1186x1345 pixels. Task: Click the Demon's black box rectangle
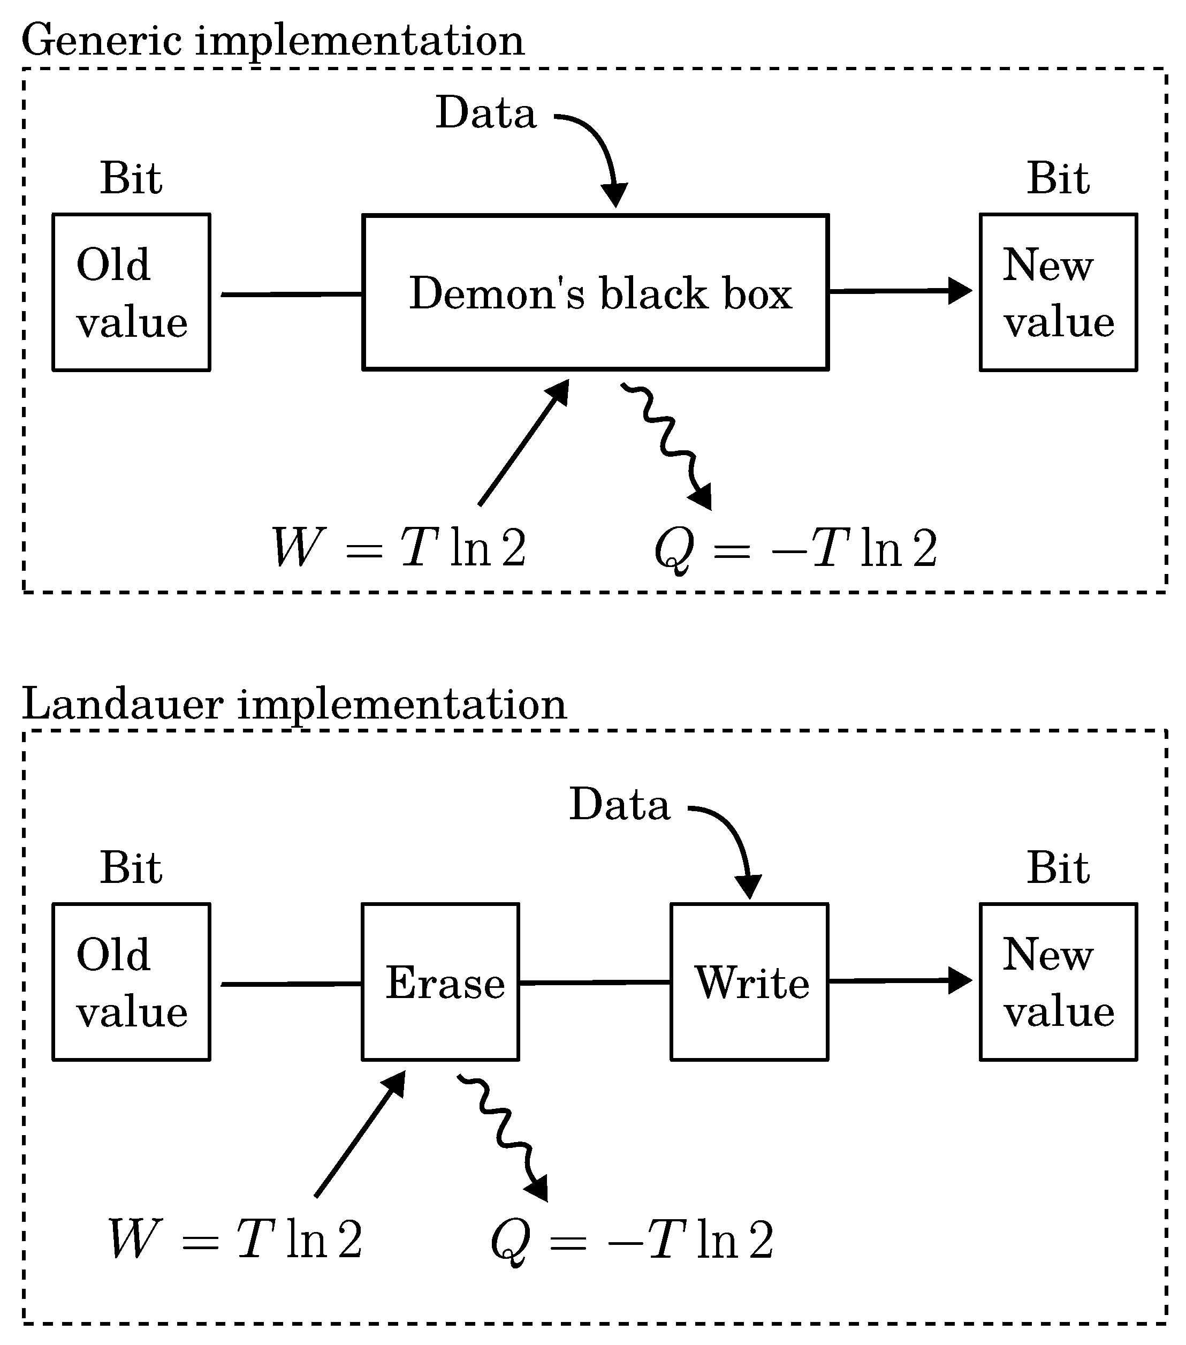(x=595, y=292)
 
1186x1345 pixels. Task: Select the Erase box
(x=440, y=982)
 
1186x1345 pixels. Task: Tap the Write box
(x=749, y=982)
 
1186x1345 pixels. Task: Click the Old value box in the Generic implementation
(x=132, y=292)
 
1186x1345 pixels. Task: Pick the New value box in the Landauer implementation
(x=1059, y=982)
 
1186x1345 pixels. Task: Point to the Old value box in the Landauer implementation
(x=132, y=982)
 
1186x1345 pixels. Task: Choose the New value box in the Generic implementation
(x=1059, y=292)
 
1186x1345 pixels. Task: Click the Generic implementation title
(x=273, y=41)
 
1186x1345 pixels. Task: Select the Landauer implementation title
(x=294, y=704)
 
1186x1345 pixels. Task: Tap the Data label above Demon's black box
(x=486, y=112)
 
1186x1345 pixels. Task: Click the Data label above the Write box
(x=619, y=804)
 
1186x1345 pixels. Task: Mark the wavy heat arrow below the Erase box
(x=504, y=1136)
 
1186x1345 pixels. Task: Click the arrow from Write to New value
(x=899, y=980)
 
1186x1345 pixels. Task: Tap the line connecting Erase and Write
(x=595, y=983)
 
